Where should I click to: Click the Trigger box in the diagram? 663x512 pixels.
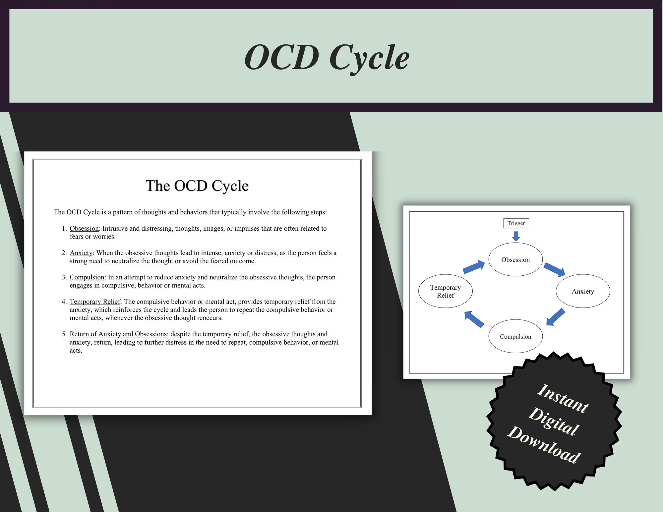coord(516,223)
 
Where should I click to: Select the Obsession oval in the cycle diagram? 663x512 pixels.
coord(515,259)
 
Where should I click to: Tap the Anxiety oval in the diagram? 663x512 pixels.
coord(583,291)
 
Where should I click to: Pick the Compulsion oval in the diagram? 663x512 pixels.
coord(515,336)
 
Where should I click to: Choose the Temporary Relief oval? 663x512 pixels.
coord(445,291)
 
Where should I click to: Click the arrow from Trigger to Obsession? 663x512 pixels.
coord(516,236)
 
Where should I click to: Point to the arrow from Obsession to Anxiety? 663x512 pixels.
coord(554,269)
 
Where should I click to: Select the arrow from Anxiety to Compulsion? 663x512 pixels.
coord(555,317)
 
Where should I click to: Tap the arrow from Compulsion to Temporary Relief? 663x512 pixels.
coord(474,319)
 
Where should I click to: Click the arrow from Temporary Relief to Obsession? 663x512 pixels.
coord(473,267)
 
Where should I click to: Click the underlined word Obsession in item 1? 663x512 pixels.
coord(84,229)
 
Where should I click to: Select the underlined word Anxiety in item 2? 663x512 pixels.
coord(81,253)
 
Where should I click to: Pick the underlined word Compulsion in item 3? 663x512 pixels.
coord(87,277)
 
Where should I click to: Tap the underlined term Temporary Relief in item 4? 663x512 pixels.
coord(95,302)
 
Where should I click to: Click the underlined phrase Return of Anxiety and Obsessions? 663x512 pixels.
coord(118,334)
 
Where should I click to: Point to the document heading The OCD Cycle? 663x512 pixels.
coord(197,186)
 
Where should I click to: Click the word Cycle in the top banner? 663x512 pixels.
coord(369,58)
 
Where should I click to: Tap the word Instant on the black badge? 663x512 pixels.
coord(563,399)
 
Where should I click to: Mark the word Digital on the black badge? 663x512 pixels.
coord(554,421)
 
